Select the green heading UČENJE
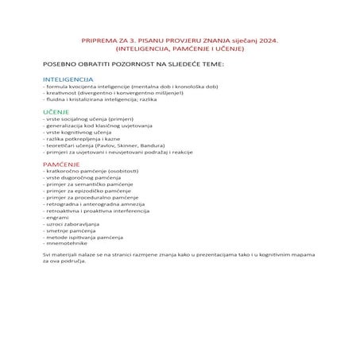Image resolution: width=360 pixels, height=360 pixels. (56, 113)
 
